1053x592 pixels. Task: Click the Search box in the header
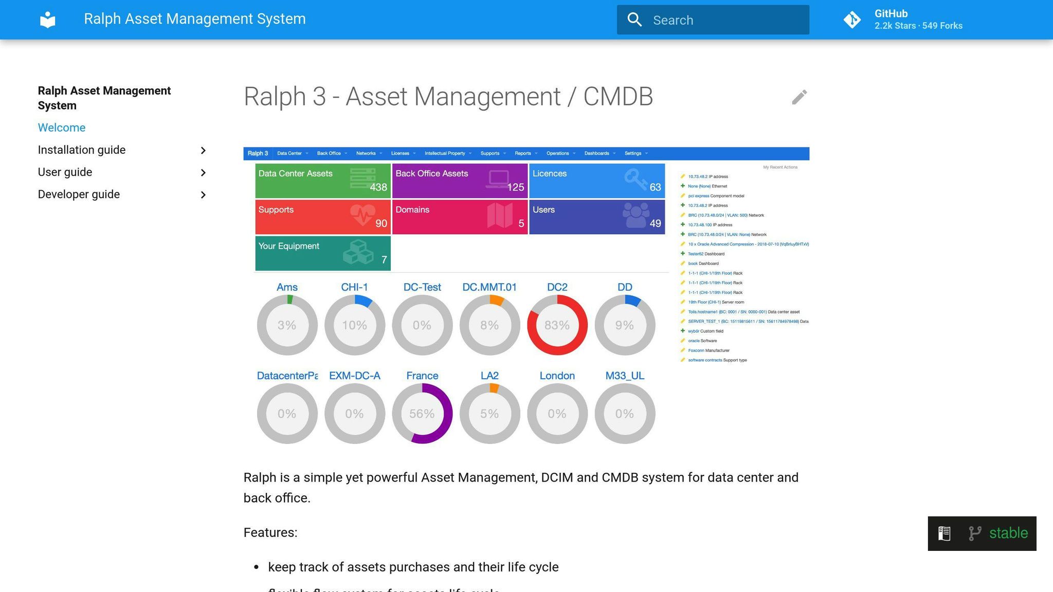[713, 20]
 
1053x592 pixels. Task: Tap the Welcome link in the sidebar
[62, 127]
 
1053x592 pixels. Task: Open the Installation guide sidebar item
[82, 150]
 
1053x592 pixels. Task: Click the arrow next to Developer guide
[203, 195]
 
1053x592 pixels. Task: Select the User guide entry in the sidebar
[65, 172]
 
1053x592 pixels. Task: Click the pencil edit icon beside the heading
[799, 97]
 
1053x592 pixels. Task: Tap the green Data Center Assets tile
[322, 180]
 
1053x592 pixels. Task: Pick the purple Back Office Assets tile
[460, 180]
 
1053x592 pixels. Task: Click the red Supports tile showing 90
[322, 216]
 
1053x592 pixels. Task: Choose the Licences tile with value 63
[596, 180]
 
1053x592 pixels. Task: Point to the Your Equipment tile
[322, 253]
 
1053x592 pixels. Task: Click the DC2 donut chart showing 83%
[557, 325]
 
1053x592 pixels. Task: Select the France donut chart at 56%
[422, 413]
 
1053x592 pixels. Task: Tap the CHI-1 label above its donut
[354, 287]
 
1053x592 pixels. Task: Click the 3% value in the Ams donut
[287, 325]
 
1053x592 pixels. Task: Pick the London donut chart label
[557, 376]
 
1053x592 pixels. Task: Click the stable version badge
[982, 533]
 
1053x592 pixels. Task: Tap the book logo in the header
[48, 20]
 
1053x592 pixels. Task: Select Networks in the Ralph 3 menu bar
[366, 153]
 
